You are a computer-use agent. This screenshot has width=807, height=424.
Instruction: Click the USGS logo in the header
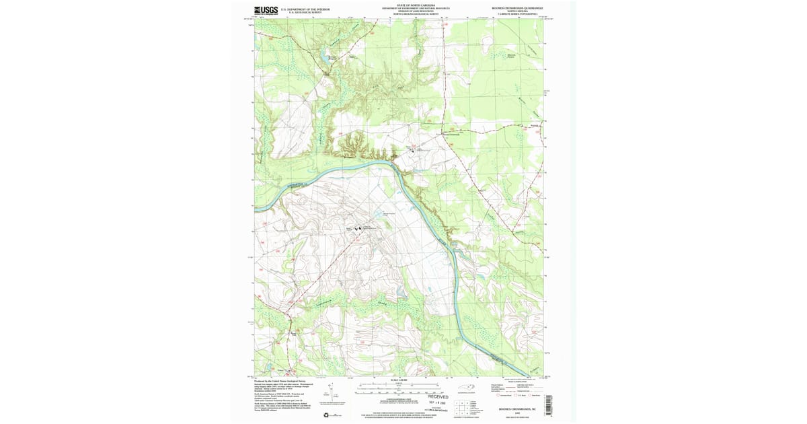[266, 10]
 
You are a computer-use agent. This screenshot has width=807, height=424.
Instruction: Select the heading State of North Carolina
[411, 4]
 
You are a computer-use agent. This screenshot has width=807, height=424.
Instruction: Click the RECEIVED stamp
[438, 397]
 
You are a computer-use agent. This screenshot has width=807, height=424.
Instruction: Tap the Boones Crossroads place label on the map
[447, 133]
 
